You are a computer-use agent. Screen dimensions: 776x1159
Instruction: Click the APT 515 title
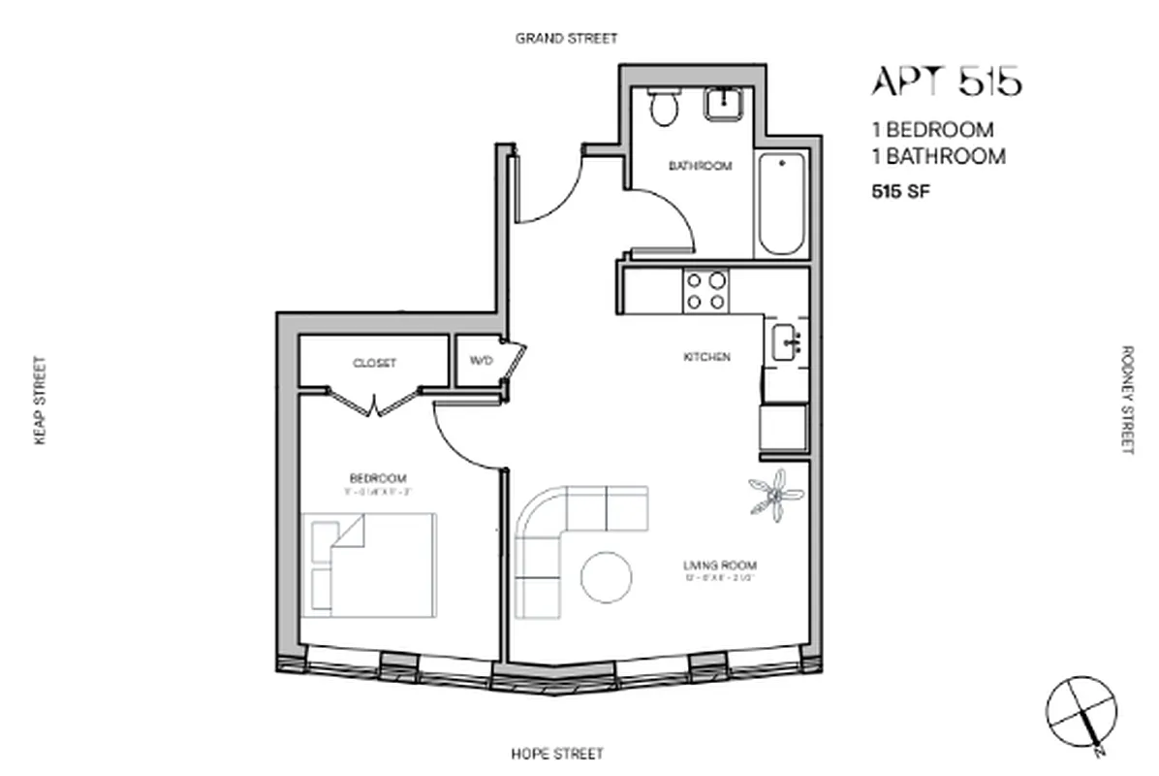946,81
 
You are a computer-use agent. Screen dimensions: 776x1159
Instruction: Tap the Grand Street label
566,39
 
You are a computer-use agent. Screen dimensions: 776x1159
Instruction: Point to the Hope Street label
557,754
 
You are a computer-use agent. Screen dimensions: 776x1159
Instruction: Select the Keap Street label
40,401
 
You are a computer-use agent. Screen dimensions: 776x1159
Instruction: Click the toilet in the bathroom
664,108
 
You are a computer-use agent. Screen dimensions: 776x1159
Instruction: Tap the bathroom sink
722,104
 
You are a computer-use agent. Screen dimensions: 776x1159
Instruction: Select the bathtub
781,204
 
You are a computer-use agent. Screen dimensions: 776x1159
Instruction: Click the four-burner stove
705,291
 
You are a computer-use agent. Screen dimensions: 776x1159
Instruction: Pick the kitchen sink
787,341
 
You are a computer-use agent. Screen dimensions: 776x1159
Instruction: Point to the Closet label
375,363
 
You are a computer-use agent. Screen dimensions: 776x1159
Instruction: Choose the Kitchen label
707,357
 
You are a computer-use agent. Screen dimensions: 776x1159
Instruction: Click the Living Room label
721,566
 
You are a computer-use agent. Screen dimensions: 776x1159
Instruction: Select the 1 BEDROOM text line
933,130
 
